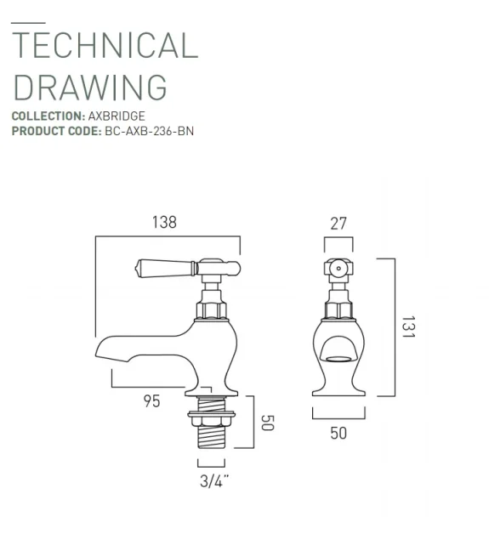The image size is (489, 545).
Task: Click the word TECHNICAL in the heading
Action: pyautogui.click(x=105, y=45)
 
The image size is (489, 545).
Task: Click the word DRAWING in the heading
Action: pyautogui.click(x=90, y=87)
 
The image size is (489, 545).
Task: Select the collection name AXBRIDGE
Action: pyautogui.click(x=117, y=116)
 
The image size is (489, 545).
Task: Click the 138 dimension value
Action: pyautogui.click(x=164, y=223)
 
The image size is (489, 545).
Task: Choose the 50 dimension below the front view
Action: pyautogui.click(x=338, y=433)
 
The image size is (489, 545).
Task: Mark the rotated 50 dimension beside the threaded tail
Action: pyautogui.click(x=266, y=423)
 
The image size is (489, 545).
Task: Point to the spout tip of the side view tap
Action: pyautogui.click(x=102, y=351)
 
